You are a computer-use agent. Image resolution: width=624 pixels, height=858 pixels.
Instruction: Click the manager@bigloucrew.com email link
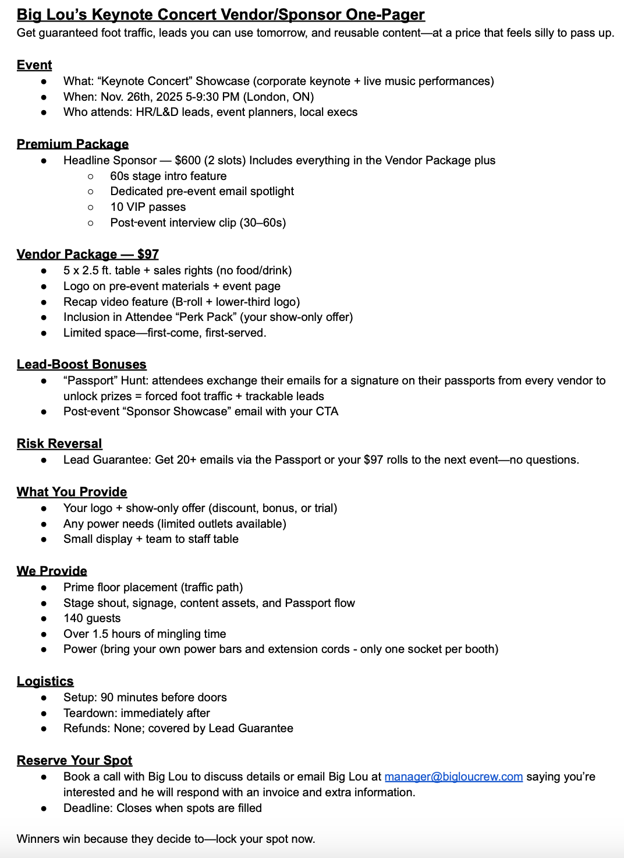(453, 776)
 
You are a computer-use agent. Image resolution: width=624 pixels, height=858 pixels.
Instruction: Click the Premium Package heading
(73, 144)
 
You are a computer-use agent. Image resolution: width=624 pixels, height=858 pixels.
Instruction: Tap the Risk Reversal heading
(59, 443)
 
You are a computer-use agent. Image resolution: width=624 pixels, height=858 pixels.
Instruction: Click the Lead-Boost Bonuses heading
(81, 364)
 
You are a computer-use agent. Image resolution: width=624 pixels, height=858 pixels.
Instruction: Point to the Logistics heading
(45, 681)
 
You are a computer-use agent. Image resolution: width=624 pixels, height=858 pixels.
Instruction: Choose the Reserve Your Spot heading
(75, 760)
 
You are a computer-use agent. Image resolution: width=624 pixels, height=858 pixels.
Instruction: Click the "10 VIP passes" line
(148, 207)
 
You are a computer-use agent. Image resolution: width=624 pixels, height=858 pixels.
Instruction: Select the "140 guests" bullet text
(92, 618)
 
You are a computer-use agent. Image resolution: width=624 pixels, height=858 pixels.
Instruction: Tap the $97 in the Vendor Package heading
(148, 254)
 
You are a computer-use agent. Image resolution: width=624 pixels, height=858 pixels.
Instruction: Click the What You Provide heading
(72, 492)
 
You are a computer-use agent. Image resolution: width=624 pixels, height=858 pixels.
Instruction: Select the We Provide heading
(52, 571)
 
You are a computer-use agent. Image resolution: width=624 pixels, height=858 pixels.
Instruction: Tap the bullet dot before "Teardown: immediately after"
(44, 713)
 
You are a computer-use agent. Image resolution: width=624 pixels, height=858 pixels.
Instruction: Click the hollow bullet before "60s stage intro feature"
(91, 176)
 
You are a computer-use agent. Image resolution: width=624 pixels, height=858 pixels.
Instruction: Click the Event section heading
(34, 65)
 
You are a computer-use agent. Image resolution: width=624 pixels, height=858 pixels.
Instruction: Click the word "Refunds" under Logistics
(84, 728)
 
